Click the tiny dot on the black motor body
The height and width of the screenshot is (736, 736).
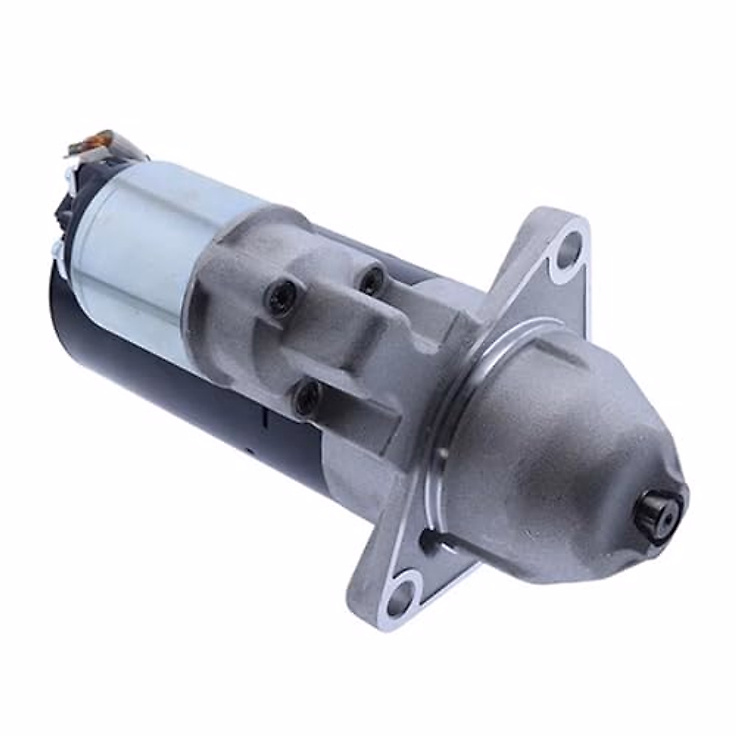coord(250,453)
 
